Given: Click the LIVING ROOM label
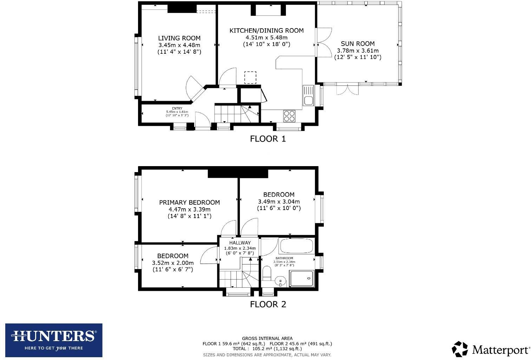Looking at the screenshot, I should tap(179, 38).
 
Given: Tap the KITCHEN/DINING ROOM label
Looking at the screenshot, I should tap(267, 31).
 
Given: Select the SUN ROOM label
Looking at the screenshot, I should tap(358, 44).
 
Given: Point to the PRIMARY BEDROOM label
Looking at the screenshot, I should tap(189, 202).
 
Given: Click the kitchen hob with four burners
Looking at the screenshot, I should tap(289, 116).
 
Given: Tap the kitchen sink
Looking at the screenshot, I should tap(308, 96).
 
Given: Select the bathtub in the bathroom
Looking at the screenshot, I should tap(296, 246).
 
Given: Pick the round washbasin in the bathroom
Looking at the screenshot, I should tap(280, 281).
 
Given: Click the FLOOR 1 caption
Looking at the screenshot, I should tap(268, 139).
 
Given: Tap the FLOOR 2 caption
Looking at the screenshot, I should tap(268, 304).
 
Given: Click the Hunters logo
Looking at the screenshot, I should tap(54, 340).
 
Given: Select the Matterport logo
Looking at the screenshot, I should tap(491, 349).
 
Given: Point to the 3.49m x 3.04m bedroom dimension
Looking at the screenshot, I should tap(279, 202).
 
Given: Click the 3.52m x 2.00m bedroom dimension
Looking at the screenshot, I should tap(172, 263).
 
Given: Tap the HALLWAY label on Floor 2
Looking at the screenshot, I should tap(240, 243).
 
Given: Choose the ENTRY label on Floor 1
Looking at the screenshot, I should tap(177, 109).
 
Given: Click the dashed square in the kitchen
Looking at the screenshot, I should tap(250, 77).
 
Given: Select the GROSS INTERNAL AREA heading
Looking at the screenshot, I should tap(267, 339).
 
